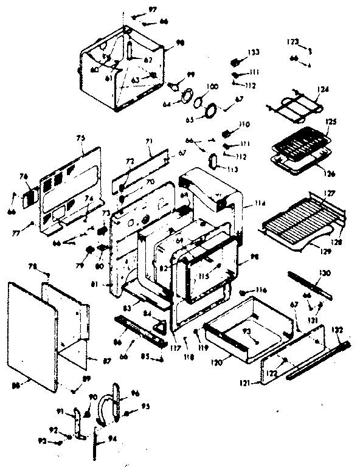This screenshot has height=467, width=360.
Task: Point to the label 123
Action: (x=293, y=41)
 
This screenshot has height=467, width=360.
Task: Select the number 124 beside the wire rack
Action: (x=322, y=89)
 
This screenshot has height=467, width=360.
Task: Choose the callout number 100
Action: (x=212, y=87)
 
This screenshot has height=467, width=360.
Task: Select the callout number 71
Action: (x=149, y=142)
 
